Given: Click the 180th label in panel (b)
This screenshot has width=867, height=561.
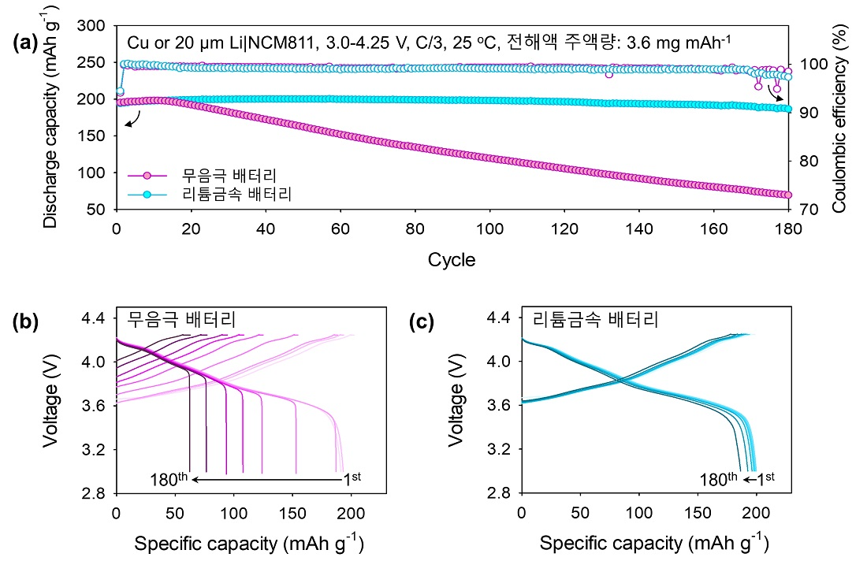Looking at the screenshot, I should (167, 478).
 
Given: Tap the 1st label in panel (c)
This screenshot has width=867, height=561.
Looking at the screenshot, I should (769, 478).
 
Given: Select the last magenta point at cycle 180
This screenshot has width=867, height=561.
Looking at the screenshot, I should (787, 195).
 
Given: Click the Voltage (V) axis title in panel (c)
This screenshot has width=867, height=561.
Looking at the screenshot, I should (456, 402).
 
